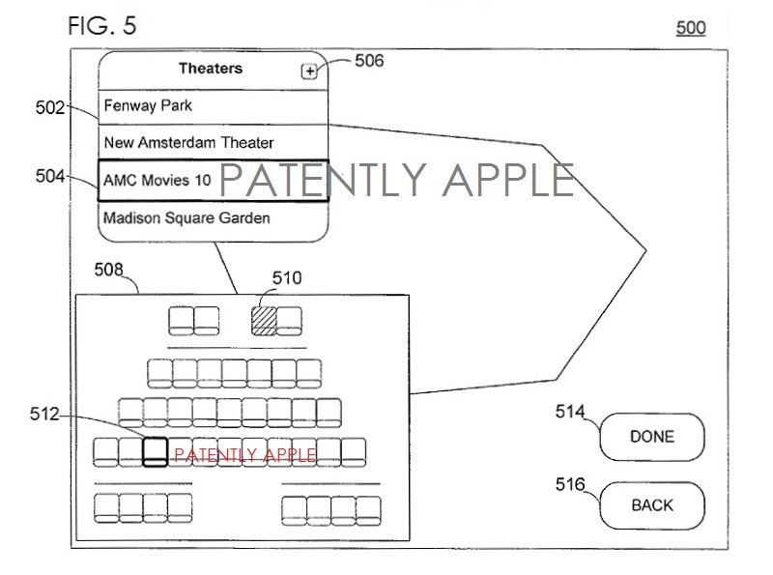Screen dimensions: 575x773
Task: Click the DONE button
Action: (x=652, y=437)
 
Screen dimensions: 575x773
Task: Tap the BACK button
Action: (x=652, y=505)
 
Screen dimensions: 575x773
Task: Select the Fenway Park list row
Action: (x=214, y=106)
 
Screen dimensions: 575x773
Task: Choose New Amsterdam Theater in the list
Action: (x=214, y=143)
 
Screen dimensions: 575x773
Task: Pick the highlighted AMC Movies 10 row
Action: (x=214, y=181)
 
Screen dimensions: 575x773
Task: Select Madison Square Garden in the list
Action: (x=214, y=218)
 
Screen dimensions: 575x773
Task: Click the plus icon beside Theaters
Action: (x=309, y=71)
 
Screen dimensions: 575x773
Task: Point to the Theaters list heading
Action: (x=211, y=69)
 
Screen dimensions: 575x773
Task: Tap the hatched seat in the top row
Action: (x=264, y=321)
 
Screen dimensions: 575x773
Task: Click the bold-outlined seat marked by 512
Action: (x=155, y=451)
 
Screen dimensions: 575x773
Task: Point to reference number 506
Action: (x=369, y=61)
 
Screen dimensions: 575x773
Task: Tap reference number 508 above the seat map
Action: (x=108, y=272)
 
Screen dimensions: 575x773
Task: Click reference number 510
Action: (x=286, y=279)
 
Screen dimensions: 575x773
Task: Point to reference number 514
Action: (x=570, y=413)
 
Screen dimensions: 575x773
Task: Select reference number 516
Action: (x=570, y=484)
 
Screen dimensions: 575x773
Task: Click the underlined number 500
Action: (x=691, y=28)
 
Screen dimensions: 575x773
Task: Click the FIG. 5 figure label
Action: (x=101, y=26)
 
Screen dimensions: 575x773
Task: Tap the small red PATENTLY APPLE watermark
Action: (x=244, y=455)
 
